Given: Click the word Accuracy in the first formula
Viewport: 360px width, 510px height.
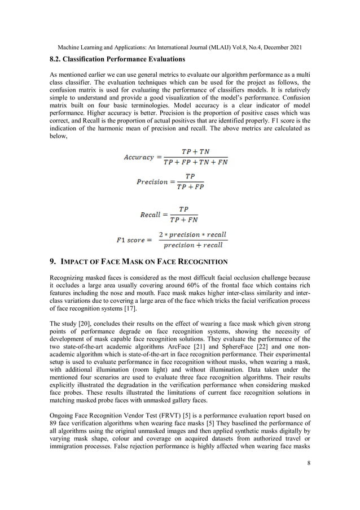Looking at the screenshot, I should pos(139,157).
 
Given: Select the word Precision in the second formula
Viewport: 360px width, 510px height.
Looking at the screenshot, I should pos(152,182).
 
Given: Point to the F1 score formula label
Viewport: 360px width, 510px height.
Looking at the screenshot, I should pos(130,240).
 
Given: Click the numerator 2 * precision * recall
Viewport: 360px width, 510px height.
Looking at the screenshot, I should pos(192,234).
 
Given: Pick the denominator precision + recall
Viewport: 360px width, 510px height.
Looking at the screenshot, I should pos(192,245).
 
